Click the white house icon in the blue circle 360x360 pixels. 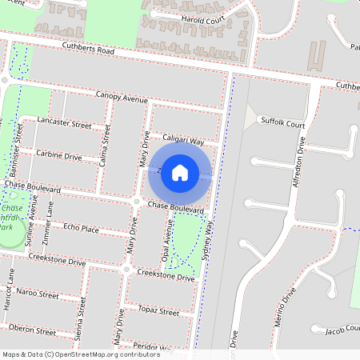tap(180, 172)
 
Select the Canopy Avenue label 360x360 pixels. tap(122, 98)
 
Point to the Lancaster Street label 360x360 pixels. tap(65, 122)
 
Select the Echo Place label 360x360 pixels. tap(81, 228)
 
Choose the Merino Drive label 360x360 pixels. tap(280, 304)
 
